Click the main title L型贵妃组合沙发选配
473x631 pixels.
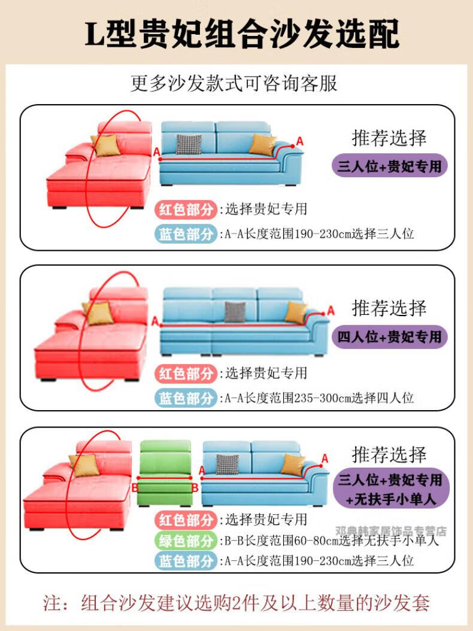tap(242, 34)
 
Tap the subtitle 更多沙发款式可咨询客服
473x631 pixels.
tap(234, 83)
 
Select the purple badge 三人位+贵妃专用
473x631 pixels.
tap(390, 165)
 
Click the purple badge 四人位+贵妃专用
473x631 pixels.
tap(390, 336)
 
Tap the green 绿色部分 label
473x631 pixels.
tap(186, 541)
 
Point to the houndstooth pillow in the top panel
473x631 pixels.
tap(188, 144)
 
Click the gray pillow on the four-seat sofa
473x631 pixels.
tap(235, 311)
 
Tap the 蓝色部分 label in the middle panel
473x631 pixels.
tap(186, 398)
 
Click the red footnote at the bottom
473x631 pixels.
tap(236, 602)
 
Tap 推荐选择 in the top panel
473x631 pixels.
tap(389, 138)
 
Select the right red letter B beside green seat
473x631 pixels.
tap(195, 487)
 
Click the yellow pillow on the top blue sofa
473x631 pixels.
tap(262, 144)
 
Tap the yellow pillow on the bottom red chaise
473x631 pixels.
tap(84, 465)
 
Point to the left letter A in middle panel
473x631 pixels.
tap(155, 321)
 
